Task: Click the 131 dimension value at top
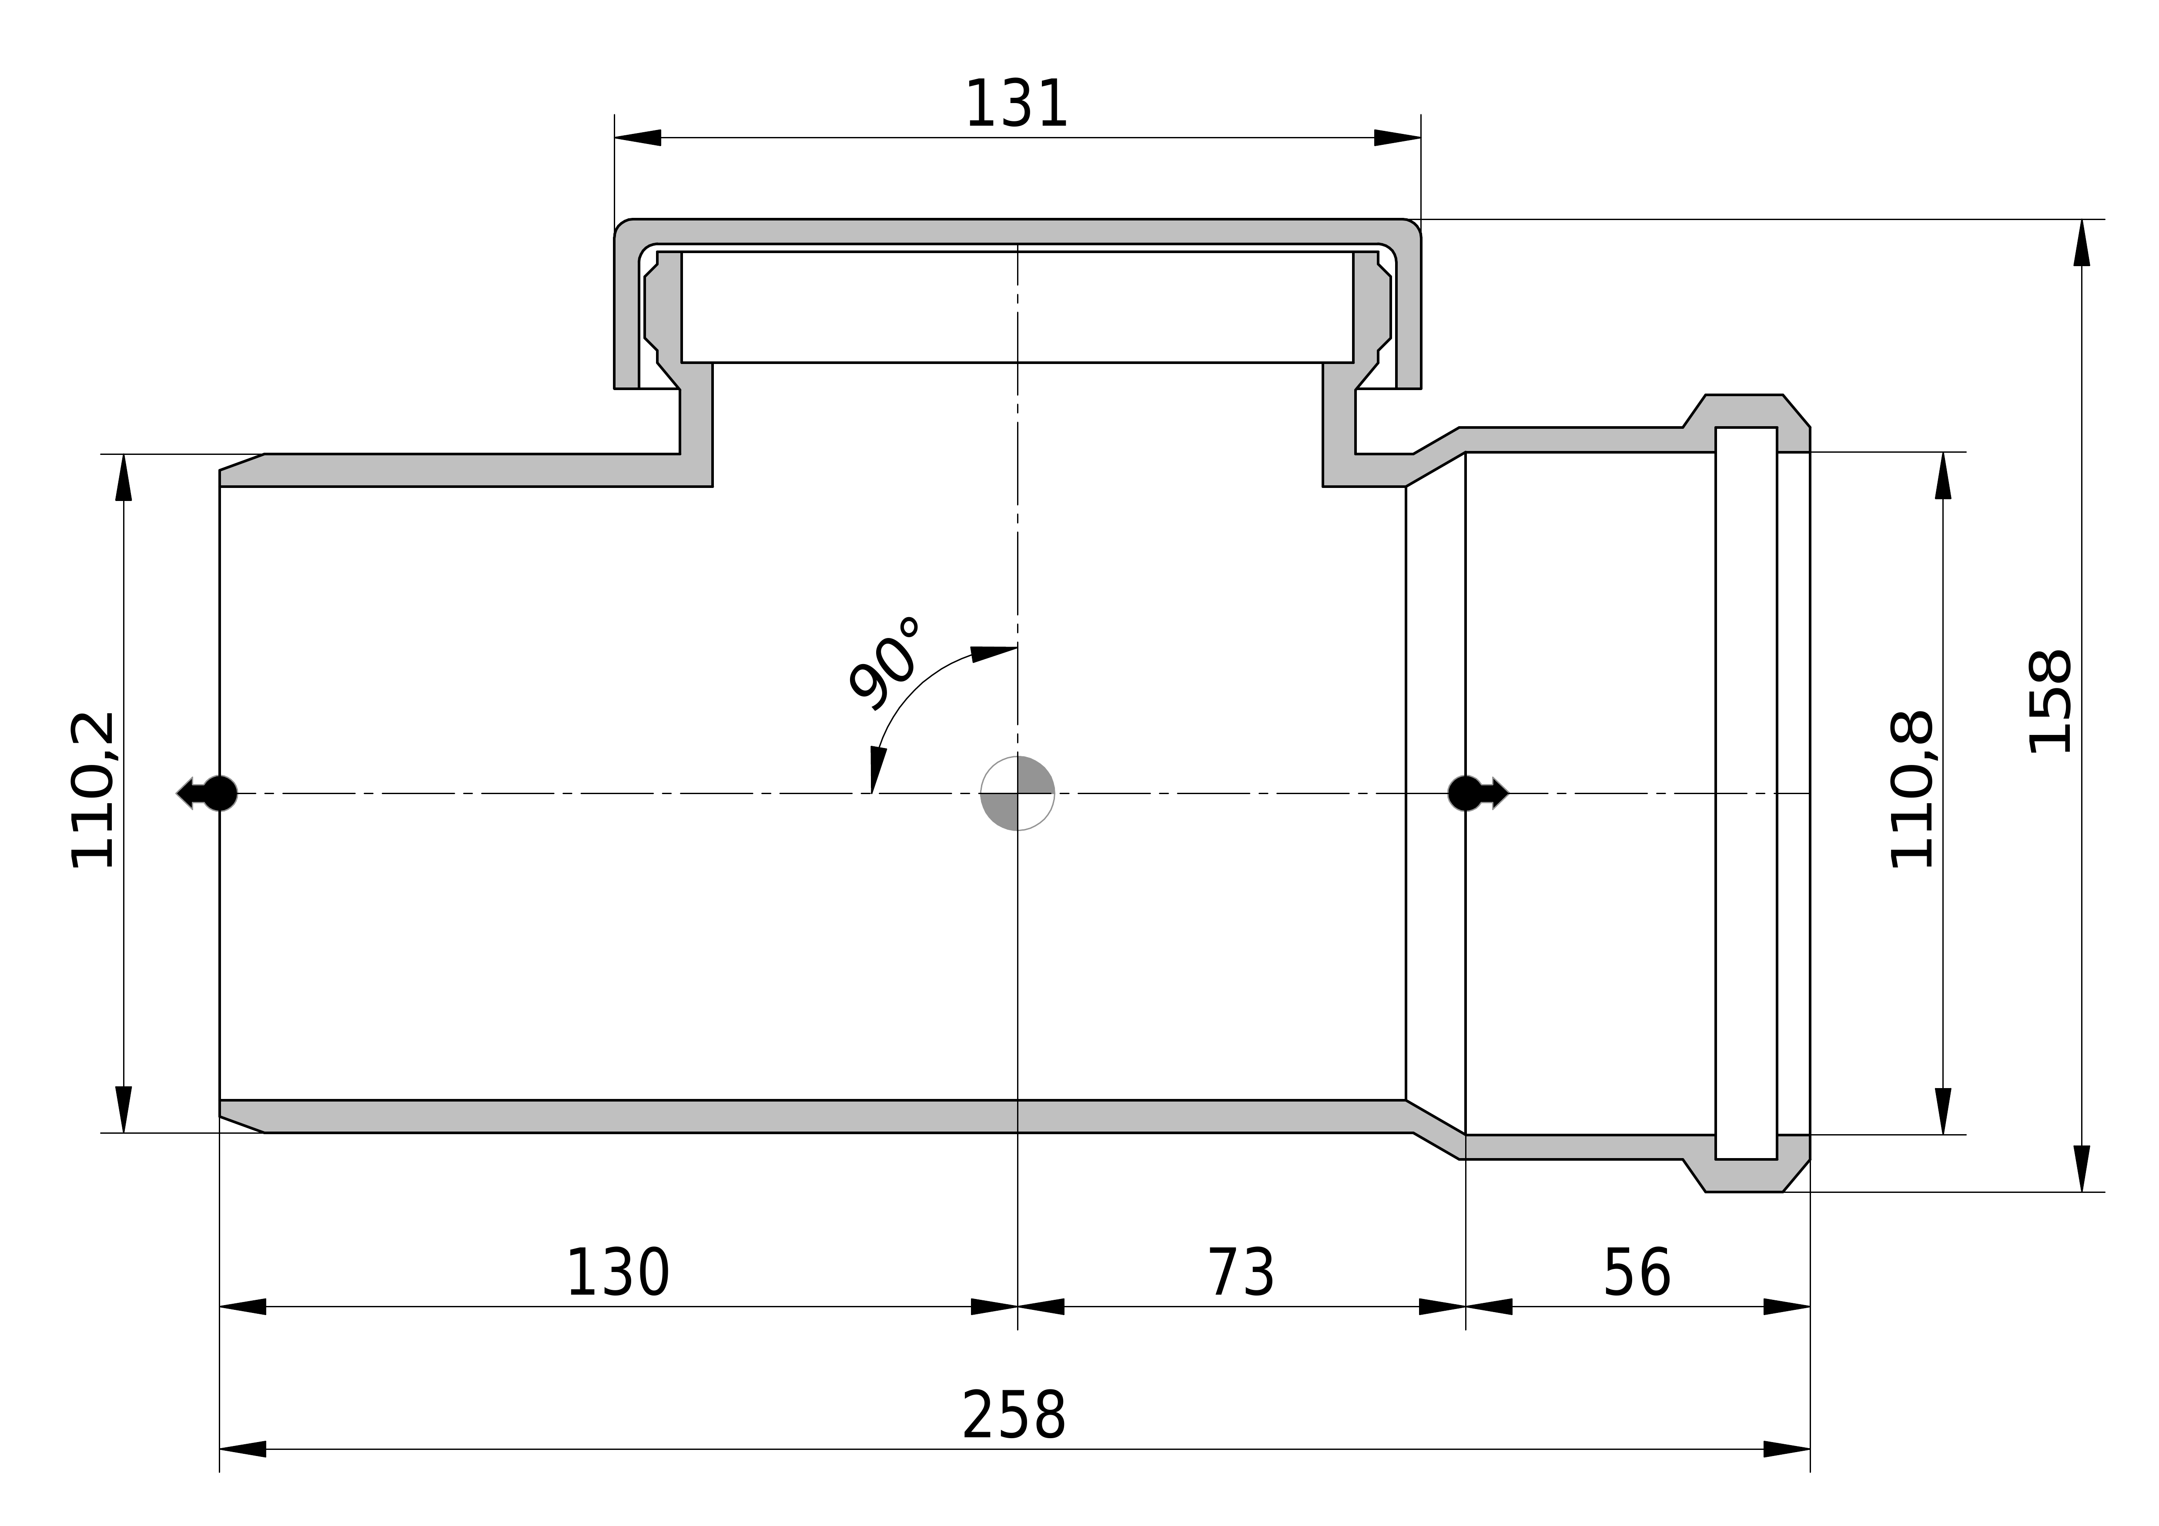coord(1017,104)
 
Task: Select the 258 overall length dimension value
coord(1014,1416)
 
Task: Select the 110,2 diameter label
coord(93,790)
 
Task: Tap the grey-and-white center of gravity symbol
coord(1018,794)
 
